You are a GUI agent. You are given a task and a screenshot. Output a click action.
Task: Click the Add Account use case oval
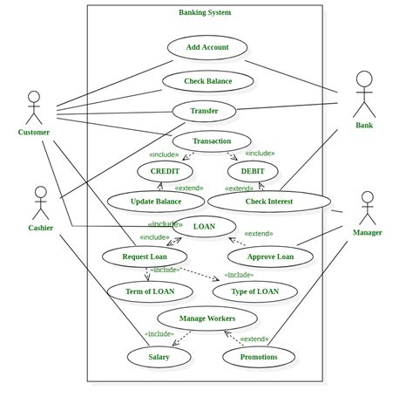pos(207,47)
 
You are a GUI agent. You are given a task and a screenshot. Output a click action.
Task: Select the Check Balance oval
pos(207,81)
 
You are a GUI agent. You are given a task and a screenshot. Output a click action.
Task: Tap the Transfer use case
pos(204,111)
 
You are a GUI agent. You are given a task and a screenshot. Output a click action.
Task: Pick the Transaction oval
pos(212,140)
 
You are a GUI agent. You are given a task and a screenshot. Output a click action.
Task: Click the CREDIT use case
pos(165,171)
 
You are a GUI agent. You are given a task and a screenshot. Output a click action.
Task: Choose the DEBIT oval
pos(253,171)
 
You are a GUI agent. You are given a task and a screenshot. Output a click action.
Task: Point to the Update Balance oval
pos(156,202)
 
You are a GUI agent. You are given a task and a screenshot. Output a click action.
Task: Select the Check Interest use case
pos(269,202)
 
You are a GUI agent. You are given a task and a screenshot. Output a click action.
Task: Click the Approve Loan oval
pos(270,257)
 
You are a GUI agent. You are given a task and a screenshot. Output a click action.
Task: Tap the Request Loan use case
pos(145,257)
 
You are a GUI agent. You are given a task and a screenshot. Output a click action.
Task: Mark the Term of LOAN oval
pos(150,291)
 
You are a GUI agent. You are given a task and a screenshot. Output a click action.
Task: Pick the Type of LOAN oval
pos(254,291)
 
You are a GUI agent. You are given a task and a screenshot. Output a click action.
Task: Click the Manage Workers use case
pos(207,319)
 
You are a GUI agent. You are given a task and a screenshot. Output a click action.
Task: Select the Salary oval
pos(159,356)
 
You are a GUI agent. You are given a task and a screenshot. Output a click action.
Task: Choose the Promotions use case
pos(259,356)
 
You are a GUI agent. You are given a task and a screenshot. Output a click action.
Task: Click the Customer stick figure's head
pos(34,97)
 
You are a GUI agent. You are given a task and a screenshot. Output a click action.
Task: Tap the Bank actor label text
pos(364,126)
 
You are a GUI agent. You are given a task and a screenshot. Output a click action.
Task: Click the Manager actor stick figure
pos(367,208)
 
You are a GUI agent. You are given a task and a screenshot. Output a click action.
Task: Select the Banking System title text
pos(205,12)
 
